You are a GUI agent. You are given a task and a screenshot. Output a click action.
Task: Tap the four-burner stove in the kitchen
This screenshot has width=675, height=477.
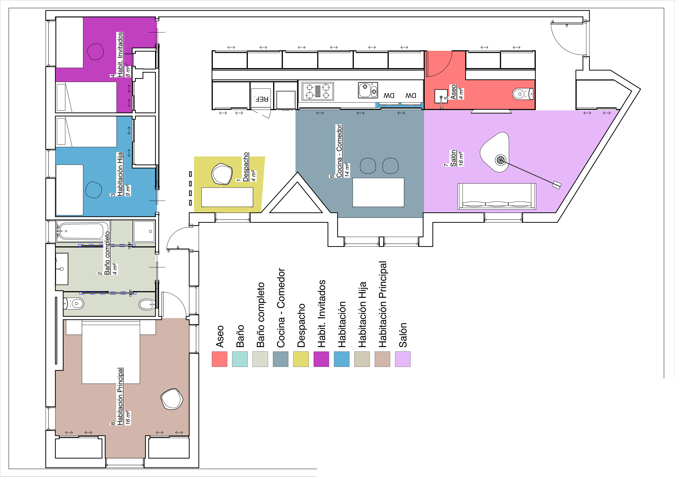pyautogui.click(x=318, y=91)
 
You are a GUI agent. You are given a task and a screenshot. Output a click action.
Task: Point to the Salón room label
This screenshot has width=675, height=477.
pyautogui.click(x=453, y=158)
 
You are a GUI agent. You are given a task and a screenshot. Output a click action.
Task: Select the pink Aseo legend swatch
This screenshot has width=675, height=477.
pyautogui.click(x=219, y=359)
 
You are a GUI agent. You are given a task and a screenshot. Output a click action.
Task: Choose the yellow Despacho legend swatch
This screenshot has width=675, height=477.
pyautogui.click(x=301, y=359)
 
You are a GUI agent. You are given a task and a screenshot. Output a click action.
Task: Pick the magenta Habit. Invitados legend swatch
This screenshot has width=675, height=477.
pyautogui.click(x=321, y=359)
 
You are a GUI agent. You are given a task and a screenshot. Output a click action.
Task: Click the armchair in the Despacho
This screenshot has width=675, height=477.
pyautogui.click(x=222, y=174)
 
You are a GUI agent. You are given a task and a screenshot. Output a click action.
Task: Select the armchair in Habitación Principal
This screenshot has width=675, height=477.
pyautogui.click(x=172, y=399)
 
